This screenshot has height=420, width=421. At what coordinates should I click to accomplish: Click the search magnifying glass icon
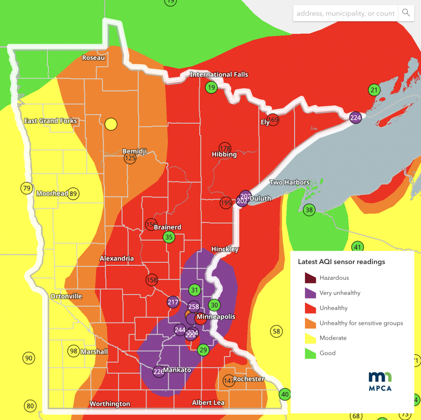[406, 13]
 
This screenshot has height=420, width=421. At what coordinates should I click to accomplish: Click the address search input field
[346, 13]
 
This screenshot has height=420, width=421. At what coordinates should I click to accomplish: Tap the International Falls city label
[219, 74]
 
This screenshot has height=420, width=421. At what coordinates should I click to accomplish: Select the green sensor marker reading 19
[211, 87]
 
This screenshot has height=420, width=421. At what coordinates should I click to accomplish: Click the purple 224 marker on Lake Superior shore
[355, 118]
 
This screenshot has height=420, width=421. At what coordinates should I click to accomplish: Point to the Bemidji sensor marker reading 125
[130, 158]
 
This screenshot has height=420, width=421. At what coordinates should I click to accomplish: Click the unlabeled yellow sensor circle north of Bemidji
[111, 124]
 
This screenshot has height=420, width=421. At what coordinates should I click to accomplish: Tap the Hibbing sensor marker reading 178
[225, 148]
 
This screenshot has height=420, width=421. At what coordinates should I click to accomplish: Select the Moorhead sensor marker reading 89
[73, 194]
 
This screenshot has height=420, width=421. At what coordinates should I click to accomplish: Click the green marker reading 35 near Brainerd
[169, 237]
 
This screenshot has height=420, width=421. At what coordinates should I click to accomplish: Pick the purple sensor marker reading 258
[194, 307]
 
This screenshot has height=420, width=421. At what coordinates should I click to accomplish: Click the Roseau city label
[93, 58]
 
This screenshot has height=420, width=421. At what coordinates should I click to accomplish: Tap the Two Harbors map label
[289, 182]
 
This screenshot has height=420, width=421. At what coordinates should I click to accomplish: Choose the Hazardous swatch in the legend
[310, 278]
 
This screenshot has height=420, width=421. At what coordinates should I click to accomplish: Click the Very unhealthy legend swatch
[310, 293]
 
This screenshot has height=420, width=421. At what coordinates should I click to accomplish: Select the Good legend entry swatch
[310, 353]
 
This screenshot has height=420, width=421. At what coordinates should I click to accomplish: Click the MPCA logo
[380, 381]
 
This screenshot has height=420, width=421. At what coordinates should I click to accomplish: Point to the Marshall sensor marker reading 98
[73, 351]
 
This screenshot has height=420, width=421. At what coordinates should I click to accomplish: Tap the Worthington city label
[110, 404]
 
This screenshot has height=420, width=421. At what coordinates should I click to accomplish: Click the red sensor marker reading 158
[152, 280]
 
